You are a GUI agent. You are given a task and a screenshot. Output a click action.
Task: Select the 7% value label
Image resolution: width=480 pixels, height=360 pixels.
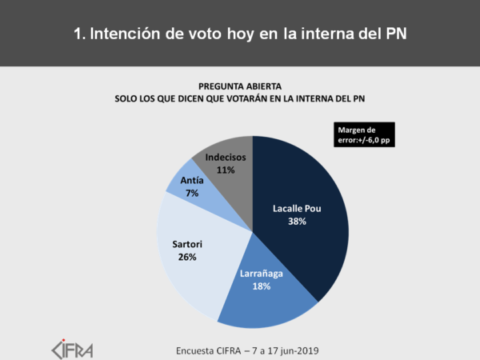(192, 194)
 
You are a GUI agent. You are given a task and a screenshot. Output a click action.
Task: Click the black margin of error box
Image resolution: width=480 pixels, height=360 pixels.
(368, 134)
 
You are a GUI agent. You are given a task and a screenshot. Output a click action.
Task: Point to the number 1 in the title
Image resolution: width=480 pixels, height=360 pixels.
(78, 34)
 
